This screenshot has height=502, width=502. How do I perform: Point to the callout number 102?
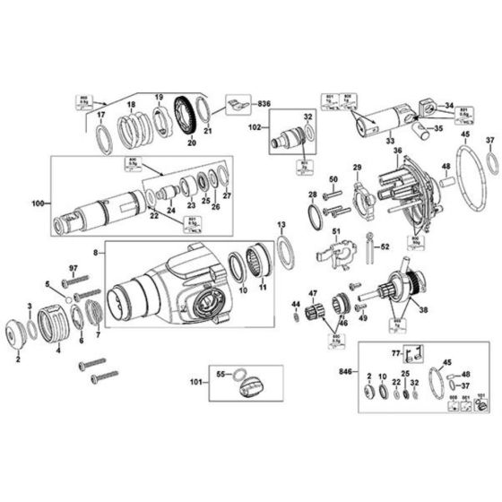pos(255,128)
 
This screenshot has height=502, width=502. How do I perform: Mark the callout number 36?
pos(396,151)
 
